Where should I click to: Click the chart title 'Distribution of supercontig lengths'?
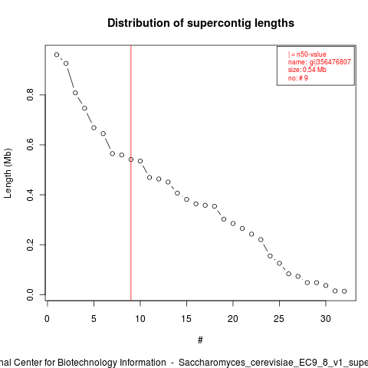tap(201, 23)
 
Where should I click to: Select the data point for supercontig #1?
tap(57, 54)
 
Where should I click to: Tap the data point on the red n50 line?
tap(131, 159)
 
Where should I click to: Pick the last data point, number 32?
tap(344, 291)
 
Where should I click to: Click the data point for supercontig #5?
tap(94, 127)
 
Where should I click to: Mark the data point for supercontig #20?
tap(233, 224)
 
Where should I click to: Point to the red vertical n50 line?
tap(131, 173)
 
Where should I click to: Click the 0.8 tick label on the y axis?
tap(31, 94)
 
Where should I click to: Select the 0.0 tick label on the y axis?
tap(31, 294)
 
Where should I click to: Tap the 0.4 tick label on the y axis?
tap(31, 195)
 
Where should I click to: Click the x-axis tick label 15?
tap(186, 319)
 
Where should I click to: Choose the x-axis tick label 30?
tap(326, 319)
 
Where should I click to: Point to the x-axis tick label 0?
tap(47, 319)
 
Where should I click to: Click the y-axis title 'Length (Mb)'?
tap(8, 173)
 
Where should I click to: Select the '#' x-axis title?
tap(200, 340)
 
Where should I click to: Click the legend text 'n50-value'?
tap(311, 54)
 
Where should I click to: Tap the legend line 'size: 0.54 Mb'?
tap(307, 70)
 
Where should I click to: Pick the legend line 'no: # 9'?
tap(298, 78)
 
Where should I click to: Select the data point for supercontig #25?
tap(279, 263)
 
